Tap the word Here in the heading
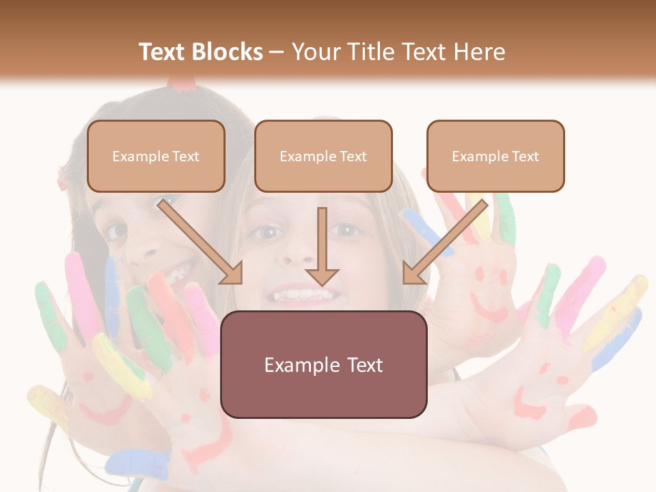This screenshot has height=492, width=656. coord(480,52)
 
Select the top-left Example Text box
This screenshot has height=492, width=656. coord(156,156)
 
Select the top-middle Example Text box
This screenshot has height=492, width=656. coord(323,156)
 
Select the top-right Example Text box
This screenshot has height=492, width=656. coord(495,156)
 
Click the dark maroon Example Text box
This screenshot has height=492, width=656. coord(323,364)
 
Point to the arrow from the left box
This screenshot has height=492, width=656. coord(200,241)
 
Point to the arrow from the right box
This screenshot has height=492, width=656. coord(445,241)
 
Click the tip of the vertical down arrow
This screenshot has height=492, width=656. coord(322,284)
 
